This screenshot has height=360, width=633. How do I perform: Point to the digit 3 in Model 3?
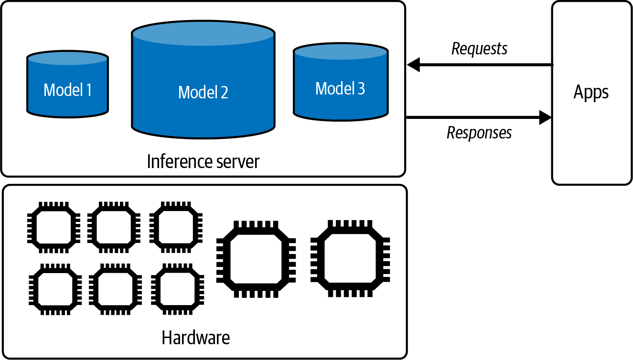pyautogui.click(x=360, y=88)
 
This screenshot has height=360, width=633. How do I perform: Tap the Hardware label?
pyautogui.click(x=195, y=338)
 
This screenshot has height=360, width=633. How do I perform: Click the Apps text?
pyautogui.click(x=591, y=92)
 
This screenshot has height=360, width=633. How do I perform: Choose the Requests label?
pyautogui.click(x=479, y=49)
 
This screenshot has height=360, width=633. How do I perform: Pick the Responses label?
pyautogui.click(x=479, y=133)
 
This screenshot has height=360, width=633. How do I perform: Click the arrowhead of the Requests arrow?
pyautogui.click(x=414, y=64)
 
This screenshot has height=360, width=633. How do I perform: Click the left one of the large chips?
pyautogui.click(x=256, y=259)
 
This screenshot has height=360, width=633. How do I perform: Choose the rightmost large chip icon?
pyautogui.click(x=350, y=259)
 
